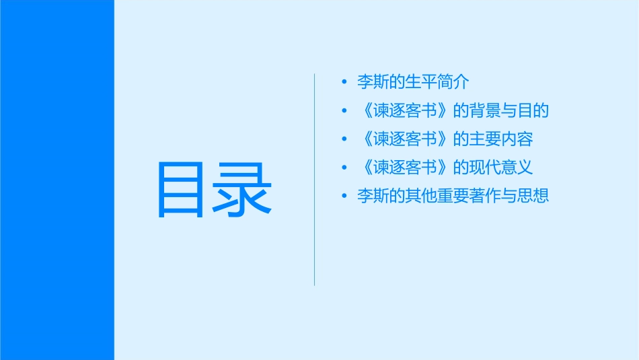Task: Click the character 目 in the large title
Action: click(180, 190)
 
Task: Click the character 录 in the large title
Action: click(245, 190)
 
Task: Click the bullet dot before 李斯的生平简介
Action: click(344, 82)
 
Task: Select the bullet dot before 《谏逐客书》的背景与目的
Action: click(344, 110)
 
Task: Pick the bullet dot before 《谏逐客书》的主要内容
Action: click(344, 139)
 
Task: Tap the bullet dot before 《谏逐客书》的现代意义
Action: click(344, 168)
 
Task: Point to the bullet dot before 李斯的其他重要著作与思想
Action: click(344, 196)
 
